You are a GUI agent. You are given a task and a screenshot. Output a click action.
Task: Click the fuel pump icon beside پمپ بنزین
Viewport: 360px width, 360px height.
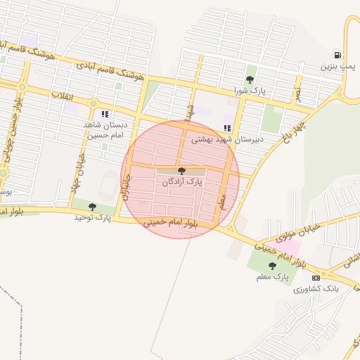pos(339,55)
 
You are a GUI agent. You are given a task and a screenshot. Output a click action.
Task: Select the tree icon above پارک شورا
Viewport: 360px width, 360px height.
pos(250,79)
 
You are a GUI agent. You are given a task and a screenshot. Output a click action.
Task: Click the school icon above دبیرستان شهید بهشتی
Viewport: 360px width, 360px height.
pos(226,128)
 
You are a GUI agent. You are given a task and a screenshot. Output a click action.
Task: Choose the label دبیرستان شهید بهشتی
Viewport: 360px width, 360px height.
pos(228,139)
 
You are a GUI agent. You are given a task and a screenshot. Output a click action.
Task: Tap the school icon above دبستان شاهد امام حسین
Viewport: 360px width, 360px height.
pos(105,114)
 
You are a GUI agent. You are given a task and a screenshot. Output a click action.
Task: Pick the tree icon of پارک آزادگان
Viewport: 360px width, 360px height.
pos(181,171)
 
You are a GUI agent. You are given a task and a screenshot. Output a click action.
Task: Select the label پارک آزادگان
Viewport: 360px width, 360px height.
pos(181,182)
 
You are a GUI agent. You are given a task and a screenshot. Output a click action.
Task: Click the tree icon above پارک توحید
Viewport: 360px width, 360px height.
pos(92,207)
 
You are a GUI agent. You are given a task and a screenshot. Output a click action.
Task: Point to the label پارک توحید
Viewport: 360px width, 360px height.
pos(93,218)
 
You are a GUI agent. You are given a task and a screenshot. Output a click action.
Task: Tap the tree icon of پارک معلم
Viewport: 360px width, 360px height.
pos(273,266)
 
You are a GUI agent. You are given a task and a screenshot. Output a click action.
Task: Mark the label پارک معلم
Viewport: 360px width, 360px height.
pos(273,277)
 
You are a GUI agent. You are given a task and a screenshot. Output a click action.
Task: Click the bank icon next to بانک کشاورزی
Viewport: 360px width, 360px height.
pos(315,278)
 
